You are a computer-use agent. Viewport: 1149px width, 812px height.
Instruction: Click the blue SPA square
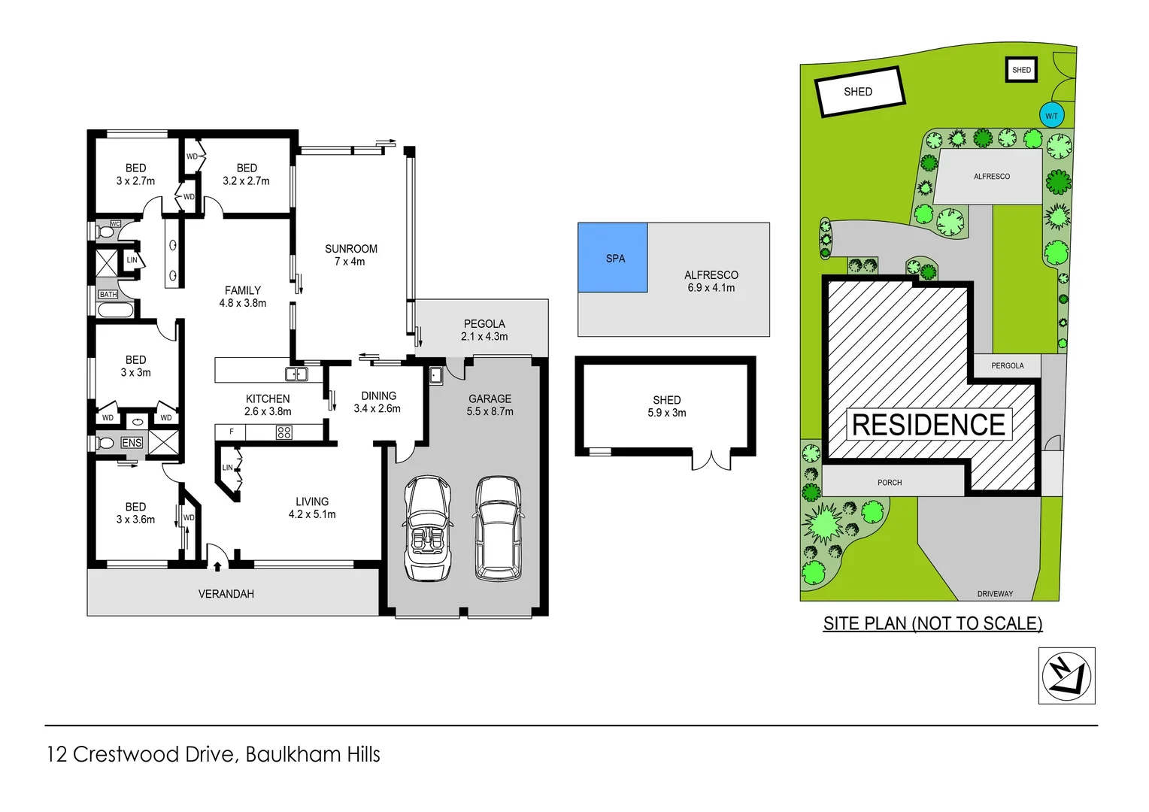point(612,257)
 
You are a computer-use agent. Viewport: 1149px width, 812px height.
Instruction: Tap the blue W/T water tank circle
point(1051,116)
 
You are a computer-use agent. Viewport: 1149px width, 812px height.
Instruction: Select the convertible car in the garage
point(427,529)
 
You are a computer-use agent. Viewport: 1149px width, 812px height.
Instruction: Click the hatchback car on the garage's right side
point(498,529)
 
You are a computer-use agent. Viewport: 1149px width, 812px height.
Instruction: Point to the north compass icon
point(1066,676)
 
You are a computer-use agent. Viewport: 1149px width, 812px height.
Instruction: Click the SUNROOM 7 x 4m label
point(350,255)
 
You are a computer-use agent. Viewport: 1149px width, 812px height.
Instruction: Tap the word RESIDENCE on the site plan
point(929,425)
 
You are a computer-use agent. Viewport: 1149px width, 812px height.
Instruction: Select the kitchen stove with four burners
point(283,432)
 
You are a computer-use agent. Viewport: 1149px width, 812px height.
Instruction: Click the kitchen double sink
point(296,374)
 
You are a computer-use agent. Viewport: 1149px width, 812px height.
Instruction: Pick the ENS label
point(132,443)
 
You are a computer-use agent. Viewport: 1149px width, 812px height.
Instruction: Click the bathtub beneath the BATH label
point(115,311)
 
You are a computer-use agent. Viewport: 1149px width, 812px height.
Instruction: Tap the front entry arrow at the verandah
point(217,565)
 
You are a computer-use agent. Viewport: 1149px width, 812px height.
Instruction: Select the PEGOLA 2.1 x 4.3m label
point(484,330)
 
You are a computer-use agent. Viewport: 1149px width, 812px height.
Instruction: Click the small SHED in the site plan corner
point(1021,70)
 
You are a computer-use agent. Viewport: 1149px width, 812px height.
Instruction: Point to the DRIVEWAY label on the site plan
point(995,594)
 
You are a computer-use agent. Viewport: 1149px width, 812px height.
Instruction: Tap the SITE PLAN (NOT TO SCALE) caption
point(932,623)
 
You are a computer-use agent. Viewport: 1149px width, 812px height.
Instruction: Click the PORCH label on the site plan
point(890,483)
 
